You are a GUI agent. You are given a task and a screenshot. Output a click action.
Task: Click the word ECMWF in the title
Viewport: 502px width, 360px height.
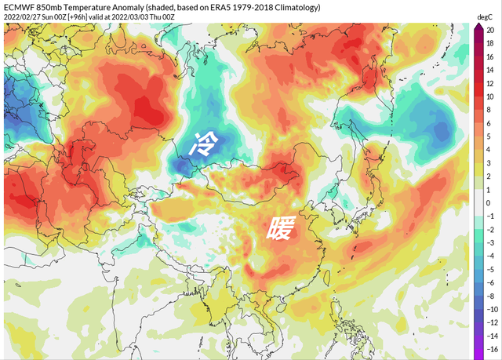click(x=20, y=7)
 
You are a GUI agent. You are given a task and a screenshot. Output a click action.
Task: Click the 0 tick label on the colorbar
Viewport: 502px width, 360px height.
click(x=489, y=202)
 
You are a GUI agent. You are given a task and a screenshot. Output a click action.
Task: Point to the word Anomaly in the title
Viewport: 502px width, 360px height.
click(x=138, y=7)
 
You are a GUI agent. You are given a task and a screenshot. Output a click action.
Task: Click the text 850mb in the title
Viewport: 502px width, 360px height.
click(x=53, y=7)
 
